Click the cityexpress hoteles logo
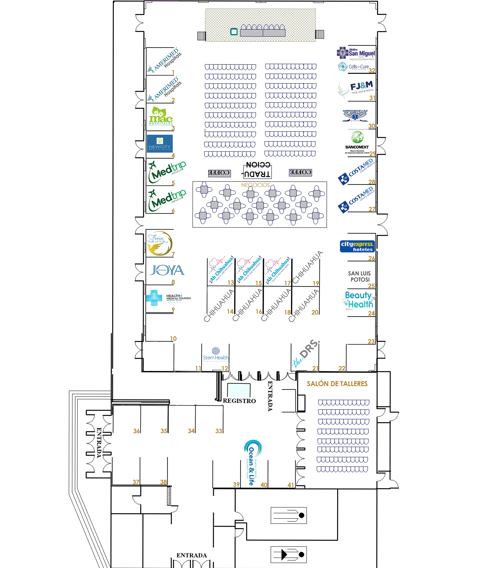point(357,246)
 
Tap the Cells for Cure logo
point(354,66)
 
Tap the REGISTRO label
point(239,401)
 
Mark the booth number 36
point(136,431)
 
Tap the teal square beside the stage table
point(234,32)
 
